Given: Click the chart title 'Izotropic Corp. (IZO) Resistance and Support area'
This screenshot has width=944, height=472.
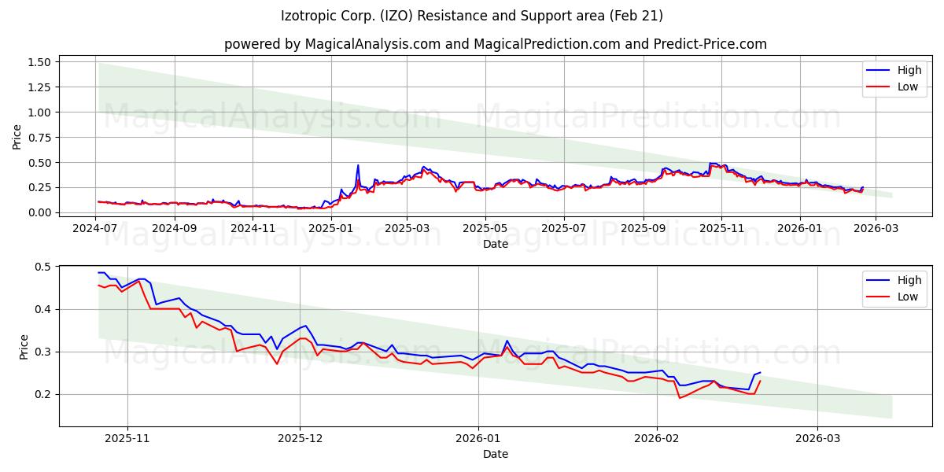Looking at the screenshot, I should point(471,16).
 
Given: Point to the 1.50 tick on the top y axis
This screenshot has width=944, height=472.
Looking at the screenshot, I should point(39,62).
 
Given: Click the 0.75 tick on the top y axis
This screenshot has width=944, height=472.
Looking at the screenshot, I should point(39,138).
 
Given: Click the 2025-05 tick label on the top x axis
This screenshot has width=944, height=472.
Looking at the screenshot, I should point(485,228).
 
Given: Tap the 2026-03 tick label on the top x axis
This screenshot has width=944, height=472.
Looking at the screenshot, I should point(875,228).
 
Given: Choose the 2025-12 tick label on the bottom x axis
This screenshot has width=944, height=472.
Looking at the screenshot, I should point(301,438).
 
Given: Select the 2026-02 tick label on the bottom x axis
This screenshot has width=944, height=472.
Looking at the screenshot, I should point(657,438).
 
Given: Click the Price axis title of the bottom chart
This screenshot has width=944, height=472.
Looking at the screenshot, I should point(24,346).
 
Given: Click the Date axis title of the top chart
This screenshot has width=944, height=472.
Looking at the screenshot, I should point(495,244).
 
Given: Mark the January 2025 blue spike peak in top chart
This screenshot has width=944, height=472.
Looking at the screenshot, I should point(358,165).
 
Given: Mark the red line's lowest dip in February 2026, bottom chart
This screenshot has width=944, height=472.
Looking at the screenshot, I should point(680,397).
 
